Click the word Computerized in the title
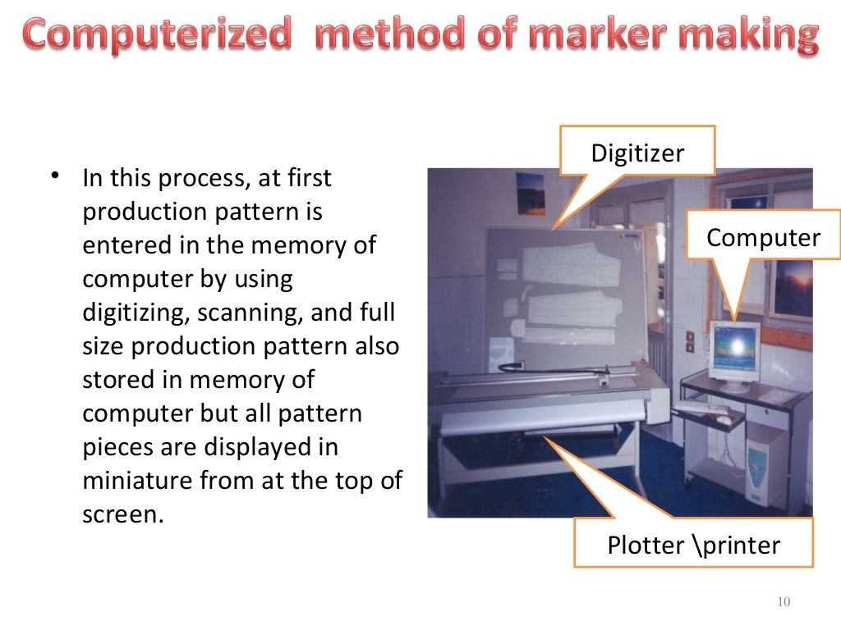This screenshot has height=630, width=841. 157,35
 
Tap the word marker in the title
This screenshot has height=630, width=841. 586,35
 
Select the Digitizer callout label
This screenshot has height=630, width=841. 637,153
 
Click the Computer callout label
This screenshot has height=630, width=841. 763,238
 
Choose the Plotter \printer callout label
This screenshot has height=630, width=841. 693,545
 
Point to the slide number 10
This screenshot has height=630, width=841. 783,603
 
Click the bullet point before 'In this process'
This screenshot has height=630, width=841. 55,176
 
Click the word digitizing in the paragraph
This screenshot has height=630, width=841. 136,313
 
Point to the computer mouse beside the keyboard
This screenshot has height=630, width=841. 724,420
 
